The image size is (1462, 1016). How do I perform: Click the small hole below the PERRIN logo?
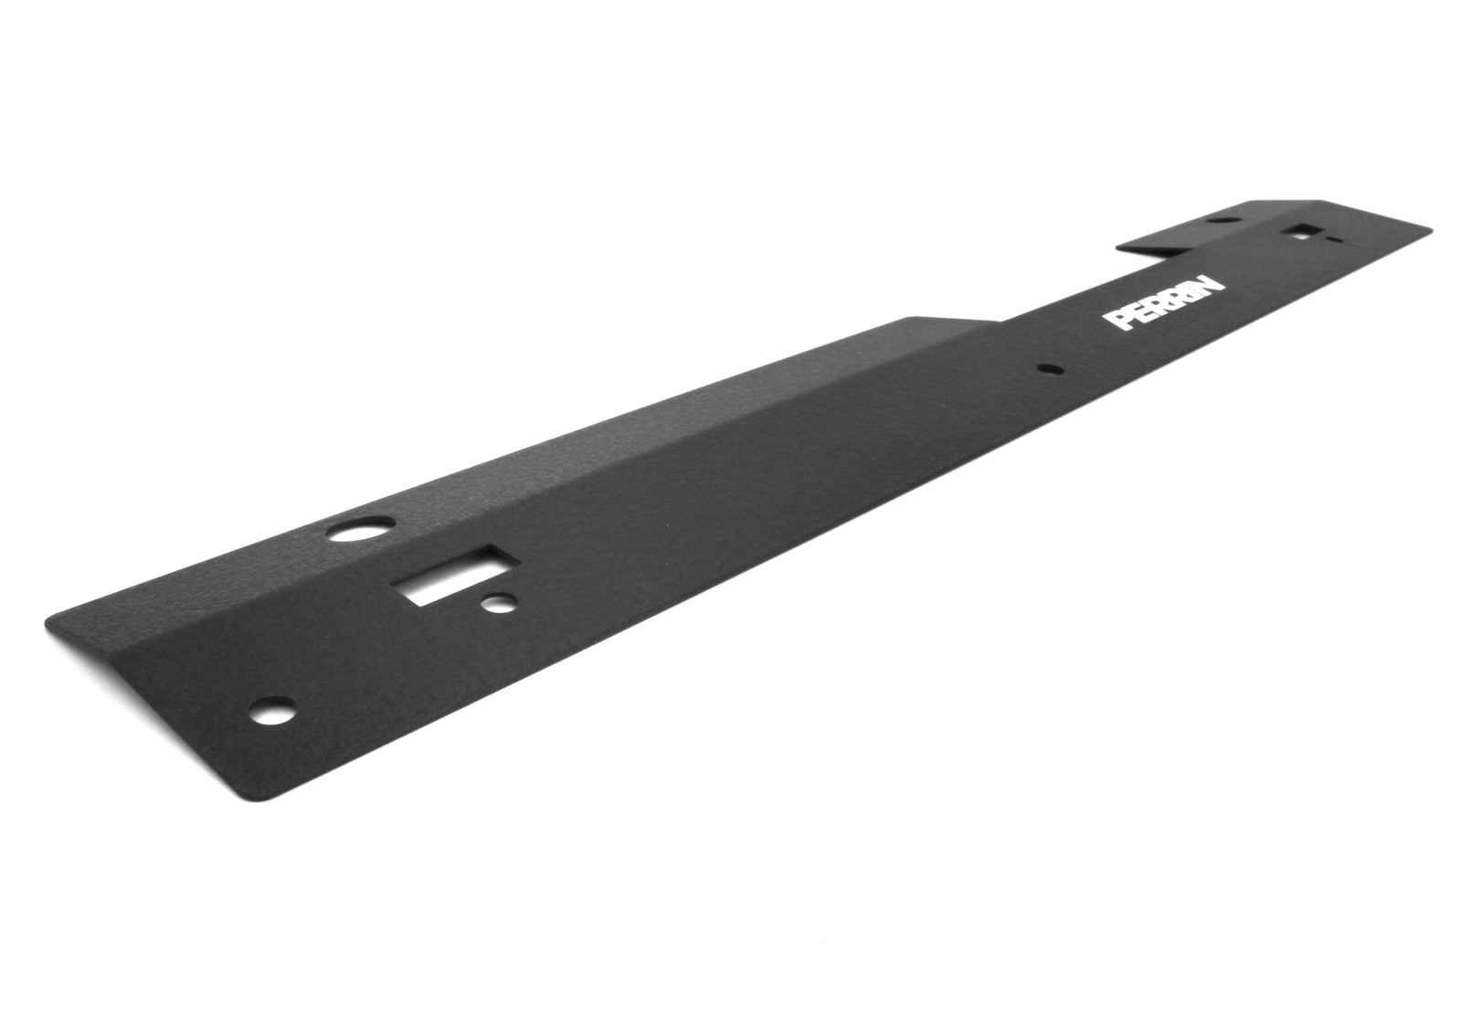click(1047, 370)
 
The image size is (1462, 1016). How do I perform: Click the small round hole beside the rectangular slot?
click(500, 603)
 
